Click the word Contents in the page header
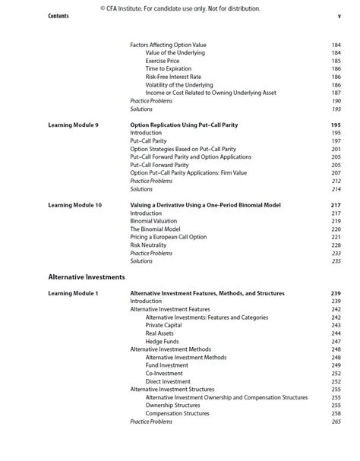tap(58, 16)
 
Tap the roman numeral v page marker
tap(339, 16)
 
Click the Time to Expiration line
tap(169, 69)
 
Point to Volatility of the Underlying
tap(179, 85)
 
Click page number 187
tap(336, 93)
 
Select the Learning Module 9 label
tap(73, 125)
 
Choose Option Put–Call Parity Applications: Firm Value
tap(188, 173)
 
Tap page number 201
tap(336, 149)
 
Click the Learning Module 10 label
tap(74, 205)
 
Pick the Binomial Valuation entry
tap(153, 221)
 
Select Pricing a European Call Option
tap(168, 237)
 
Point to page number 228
tap(336, 245)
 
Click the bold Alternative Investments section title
tap(86, 277)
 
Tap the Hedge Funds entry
tap(163, 342)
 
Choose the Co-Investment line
tap(164, 374)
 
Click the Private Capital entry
tap(163, 325)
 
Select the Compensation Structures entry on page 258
tap(177, 414)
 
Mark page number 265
tap(336, 422)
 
